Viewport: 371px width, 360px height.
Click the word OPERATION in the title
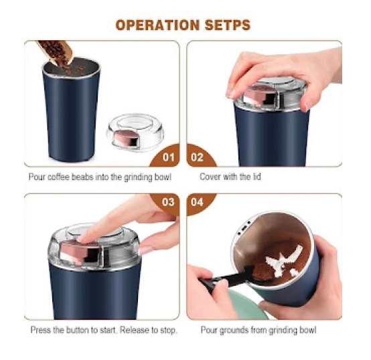pyautogui.click(x=157, y=25)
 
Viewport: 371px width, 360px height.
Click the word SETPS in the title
pyautogui.click(x=228, y=25)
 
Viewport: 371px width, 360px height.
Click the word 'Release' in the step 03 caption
pyautogui.click(x=134, y=330)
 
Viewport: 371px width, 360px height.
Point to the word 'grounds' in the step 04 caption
pyautogui.click(x=234, y=330)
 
